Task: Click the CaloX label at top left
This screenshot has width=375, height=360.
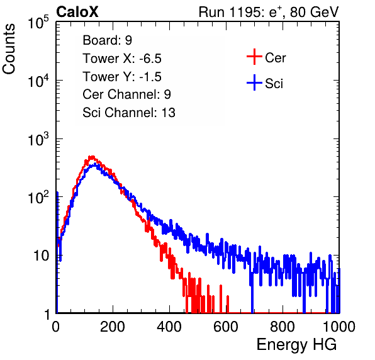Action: coord(77,12)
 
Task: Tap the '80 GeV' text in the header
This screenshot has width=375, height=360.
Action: coord(314,12)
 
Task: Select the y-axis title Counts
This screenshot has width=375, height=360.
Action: coord(9,48)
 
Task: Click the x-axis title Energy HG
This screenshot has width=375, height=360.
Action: coord(296,345)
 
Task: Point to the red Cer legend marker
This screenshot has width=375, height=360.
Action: coord(254,57)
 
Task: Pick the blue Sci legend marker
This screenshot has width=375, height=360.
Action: coord(254,83)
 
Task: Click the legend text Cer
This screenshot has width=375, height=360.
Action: coord(275,58)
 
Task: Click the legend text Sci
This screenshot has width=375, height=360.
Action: coord(274,84)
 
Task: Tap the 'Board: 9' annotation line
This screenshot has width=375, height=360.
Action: coord(107,40)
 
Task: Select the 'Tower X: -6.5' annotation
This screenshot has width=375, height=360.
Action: coord(122,59)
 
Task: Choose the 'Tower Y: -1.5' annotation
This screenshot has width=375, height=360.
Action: coord(122,77)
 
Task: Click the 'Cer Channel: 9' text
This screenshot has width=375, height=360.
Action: coord(126,94)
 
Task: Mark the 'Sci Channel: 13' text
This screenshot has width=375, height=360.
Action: coord(129,113)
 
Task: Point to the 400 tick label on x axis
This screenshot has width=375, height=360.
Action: coord(169,327)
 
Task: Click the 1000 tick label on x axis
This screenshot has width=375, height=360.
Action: coord(339,327)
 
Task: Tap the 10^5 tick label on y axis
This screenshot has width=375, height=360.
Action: coord(38,23)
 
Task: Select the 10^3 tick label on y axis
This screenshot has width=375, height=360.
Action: coord(38,140)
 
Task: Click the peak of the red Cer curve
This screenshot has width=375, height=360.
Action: coord(92,157)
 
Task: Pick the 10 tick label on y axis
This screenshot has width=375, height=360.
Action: coord(42,256)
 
